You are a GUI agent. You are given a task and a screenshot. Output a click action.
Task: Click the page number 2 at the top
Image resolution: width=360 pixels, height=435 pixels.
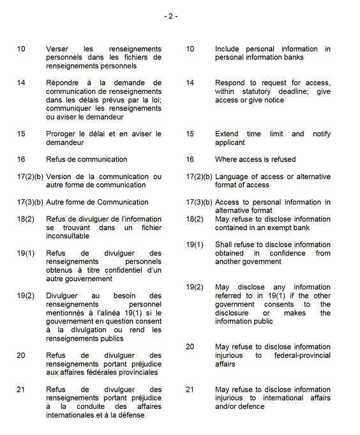pyautogui.click(x=171, y=16)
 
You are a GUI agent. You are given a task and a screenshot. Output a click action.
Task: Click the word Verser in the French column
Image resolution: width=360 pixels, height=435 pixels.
pyautogui.click(x=57, y=49)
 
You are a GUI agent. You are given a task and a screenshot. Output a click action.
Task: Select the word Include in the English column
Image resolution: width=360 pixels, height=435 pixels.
pyautogui.click(x=228, y=49)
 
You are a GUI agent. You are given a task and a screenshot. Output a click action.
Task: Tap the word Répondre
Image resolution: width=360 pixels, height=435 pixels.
pyautogui.click(x=62, y=83)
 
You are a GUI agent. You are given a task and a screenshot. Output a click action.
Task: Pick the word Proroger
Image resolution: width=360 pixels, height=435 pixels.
pyautogui.click(x=62, y=134)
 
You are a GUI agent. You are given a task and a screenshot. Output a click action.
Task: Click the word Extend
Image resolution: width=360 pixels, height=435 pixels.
pyautogui.click(x=227, y=134)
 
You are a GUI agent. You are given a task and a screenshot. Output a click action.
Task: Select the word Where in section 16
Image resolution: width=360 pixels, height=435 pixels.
pyautogui.click(x=226, y=160)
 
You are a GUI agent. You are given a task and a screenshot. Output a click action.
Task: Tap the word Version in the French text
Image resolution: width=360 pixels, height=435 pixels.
pyautogui.click(x=59, y=177)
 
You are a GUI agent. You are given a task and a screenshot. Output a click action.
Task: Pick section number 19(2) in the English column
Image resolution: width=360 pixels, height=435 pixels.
pyautogui.click(x=195, y=287)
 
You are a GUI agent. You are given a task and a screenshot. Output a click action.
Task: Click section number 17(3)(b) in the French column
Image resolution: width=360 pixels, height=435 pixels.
pyautogui.click(x=30, y=202)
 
